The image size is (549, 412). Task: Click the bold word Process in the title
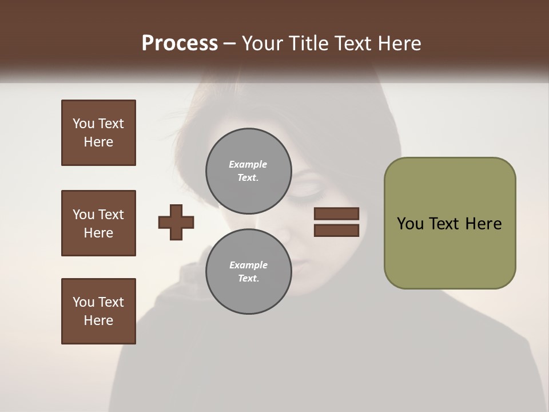click(x=180, y=43)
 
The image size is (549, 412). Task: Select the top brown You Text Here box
click(x=98, y=133)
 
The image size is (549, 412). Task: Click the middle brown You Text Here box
click(x=98, y=223)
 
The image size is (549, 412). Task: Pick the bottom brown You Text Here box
click(x=98, y=311)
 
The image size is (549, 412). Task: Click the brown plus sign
click(x=176, y=221)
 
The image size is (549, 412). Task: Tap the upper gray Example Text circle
click(x=248, y=171)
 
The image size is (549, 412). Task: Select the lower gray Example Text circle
click(x=248, y=271)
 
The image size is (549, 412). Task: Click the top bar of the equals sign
click(x=336, y=213)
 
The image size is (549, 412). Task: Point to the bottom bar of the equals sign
click(x=336, y=230)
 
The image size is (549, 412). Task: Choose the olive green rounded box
click(x=449, y=223)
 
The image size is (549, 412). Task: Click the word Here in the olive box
click(x=483, y=224)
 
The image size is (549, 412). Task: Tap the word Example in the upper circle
click(x=248, y=164)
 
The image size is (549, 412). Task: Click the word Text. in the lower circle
click(x=248, y=279)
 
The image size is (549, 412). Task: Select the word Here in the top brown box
click(x=98, y=142)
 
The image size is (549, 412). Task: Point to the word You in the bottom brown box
click(x=83, y=302)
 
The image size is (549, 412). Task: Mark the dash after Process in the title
click(x=229, y=44)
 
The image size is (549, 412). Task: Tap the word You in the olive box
click(x=410, y=224)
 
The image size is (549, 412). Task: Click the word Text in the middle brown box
click(x=110, y=215)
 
